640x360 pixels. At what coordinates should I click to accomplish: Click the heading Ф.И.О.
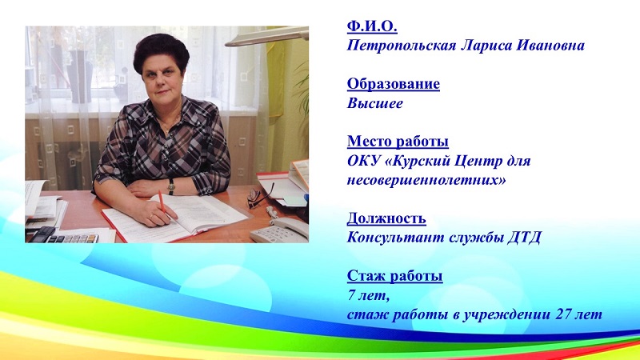(372, 26)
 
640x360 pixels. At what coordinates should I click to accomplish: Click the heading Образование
(394, 84)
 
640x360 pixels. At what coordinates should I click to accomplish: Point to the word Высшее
(375, 103)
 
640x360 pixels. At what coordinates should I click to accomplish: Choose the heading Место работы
(398, 142)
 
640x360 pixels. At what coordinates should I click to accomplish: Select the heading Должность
(386, 218)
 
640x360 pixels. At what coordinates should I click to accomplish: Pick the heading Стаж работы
(394, 276)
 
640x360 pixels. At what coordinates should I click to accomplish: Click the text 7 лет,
(366, 295)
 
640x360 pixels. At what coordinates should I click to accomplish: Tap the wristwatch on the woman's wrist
(171, 185)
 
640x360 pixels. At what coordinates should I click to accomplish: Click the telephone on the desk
(278, 230)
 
